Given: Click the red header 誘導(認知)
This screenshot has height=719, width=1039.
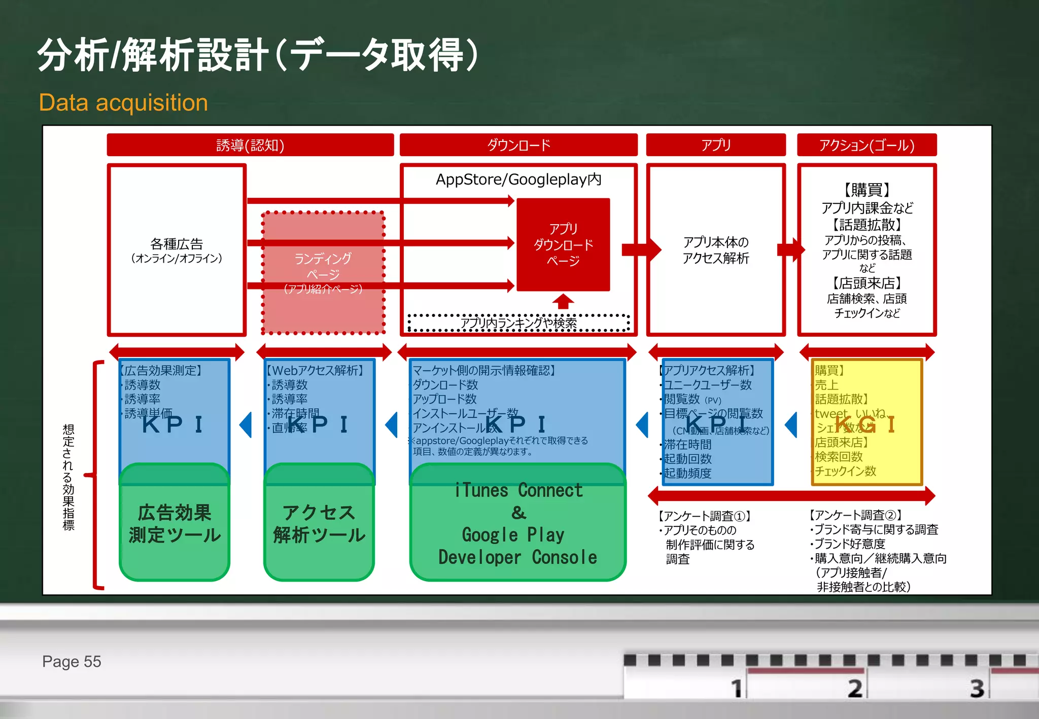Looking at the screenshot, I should pos(250,146).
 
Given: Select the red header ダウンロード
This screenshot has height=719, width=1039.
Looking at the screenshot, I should pos(518,146).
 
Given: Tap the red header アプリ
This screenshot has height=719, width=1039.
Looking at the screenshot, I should pos(716,146).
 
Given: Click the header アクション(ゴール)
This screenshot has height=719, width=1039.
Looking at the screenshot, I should pos(867,146).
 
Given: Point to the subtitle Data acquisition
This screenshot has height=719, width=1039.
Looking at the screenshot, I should pos(123,103).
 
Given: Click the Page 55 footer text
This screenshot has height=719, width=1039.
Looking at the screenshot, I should pos(72,662).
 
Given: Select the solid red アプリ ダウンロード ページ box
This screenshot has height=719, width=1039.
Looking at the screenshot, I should pos(563,245).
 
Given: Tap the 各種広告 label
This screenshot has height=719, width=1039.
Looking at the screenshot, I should pos(177,245).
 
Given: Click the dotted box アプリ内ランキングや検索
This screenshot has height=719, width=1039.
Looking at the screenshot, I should pos(518,323).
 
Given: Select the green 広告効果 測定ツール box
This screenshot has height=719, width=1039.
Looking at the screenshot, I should pos(175,524).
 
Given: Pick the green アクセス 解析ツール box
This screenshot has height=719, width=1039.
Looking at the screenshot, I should pos(319,524).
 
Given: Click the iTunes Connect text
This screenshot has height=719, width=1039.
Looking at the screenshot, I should pos(518,491).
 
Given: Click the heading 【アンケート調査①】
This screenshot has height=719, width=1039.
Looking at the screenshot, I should pos(704,516).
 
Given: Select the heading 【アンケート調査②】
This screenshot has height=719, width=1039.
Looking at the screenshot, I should pos(855,516).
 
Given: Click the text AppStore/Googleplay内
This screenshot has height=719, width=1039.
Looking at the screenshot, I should pos(518,179).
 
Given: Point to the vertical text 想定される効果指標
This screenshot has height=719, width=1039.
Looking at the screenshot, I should pos(68,477).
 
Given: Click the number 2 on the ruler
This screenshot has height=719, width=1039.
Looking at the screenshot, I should pos(855,689).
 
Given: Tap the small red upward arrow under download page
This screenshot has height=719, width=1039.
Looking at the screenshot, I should pos(563,302).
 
